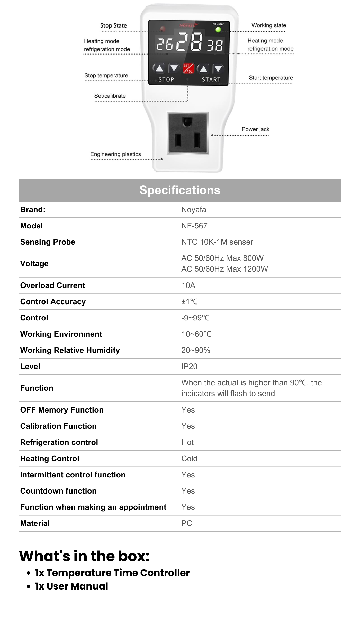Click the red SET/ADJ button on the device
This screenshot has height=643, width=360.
pyautogui.click(x=188, y=68)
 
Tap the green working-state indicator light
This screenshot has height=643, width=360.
pyautogui.click(x=218, y=30)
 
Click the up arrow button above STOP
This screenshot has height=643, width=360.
pyautogui.click(x=159, y=68)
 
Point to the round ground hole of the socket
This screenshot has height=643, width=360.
pyautogui.click(x=187, y=121)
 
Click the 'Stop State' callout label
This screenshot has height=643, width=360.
pyautogui.click(x=113, y=25)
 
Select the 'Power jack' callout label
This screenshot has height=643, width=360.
pyautogui.click(x=255, y=129)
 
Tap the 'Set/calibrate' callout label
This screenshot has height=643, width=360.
pyautogui.click(x=110, y=96)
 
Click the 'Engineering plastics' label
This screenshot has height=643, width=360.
pyautogui.click(x=115, y=154)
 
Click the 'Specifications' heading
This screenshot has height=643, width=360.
pyautogui.click(x=180, y=190)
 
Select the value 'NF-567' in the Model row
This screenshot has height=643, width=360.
pyautogui.click(x=194, y=226)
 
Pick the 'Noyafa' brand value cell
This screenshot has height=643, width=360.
pyautogui.click(x=194, y=210)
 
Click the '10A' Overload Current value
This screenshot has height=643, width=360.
pyautogui.click(x=188, y=285)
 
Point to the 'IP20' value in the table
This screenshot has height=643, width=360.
pyautogui.click(x=189, y=367)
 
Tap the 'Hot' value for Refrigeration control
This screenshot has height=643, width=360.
pyautogui.click(x=187, y=442)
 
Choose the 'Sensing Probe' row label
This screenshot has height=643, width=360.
pyautogui.click(x=48, y=242)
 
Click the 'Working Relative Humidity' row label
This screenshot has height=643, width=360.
pyautogui.click(x=70, y=350)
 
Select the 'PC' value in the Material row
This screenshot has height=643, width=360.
pyautogui.click(x=187, y=523)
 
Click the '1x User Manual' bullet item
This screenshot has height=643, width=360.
pyautogui.click(x=71, y=586)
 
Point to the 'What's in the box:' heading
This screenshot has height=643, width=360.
pyautogui.click(x=84, y=556)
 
